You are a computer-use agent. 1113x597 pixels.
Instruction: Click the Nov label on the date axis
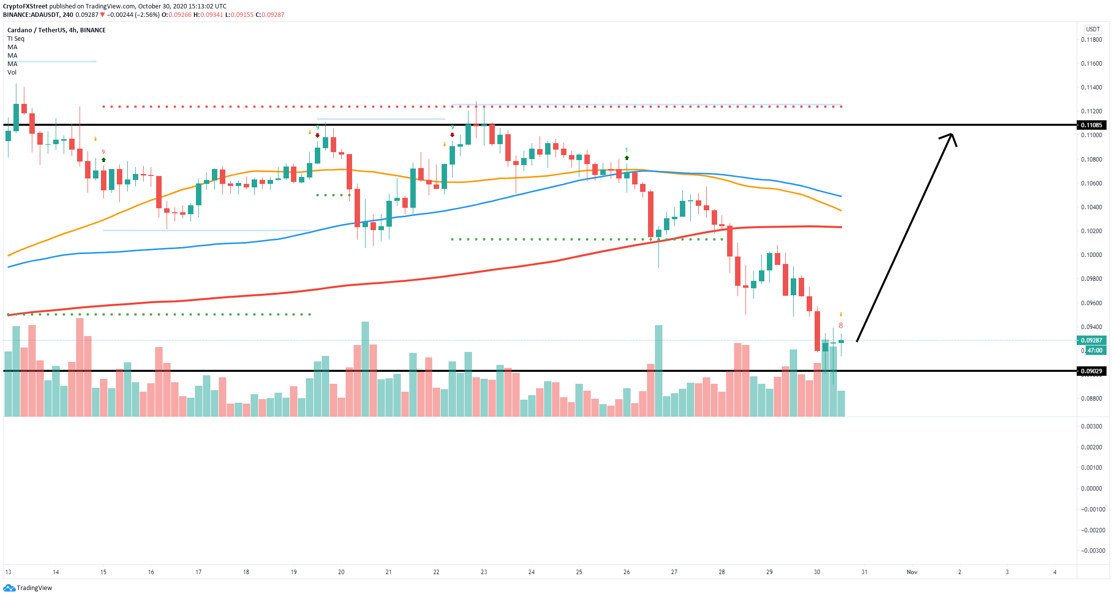click(912, 572)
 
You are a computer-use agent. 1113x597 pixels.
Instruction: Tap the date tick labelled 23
click(484, 572)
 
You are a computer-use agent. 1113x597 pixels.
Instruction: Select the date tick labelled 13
click(8, 572)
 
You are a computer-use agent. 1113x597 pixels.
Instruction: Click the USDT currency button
click(1093, 29)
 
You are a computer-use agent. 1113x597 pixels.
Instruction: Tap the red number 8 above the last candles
click(840, 326)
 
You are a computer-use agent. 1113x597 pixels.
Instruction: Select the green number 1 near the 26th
click(627, 150)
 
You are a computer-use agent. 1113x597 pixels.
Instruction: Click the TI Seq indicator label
click(16, 39)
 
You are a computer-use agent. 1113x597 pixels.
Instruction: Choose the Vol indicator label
click(12, 73)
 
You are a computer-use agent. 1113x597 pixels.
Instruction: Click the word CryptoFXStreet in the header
click(25, 6)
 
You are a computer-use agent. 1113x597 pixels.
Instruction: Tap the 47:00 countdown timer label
click(1094, 350)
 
